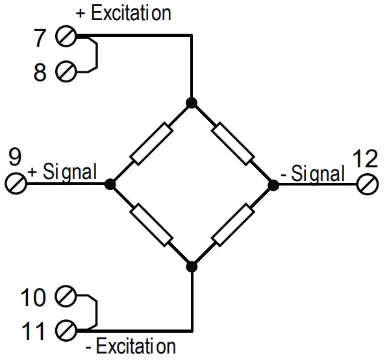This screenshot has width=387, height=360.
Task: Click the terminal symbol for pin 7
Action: (x=66, y=38)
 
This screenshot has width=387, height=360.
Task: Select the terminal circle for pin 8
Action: (x=66, y=71)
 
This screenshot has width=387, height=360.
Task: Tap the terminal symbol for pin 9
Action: (x=16, y=184)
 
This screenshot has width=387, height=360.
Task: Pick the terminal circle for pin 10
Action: (x=66, y=298)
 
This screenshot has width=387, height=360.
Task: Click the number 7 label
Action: (x=41, y=38)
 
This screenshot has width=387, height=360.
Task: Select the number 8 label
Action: (x=41, y=72)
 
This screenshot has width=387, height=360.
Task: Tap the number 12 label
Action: (x=366, y=158)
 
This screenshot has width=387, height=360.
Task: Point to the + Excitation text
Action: (x=123, y=13)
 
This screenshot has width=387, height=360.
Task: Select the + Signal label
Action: (x=62, y=173)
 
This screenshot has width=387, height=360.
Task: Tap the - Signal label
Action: (x=313, y=173)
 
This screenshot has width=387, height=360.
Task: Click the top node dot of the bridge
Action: (x=192, y=102)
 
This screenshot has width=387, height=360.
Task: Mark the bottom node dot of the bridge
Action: (x=192, y=265)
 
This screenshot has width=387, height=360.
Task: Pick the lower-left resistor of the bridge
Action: (x=151, y=224)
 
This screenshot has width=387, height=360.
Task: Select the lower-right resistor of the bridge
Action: (x=232, y=224)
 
